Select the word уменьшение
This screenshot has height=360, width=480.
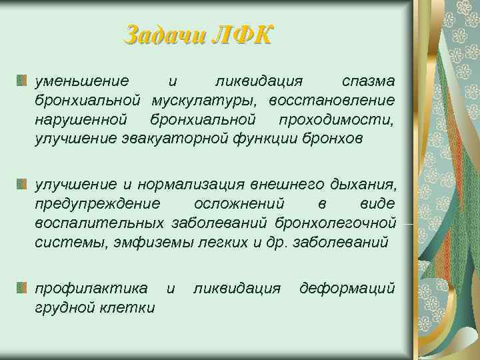click(x=82, y=81)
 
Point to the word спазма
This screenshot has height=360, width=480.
click(x=368, y=81)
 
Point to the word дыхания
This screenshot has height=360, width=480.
click(x=360, y=183)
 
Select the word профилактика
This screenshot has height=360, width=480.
click(x=92, y=288)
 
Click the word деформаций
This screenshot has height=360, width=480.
click(x=347, y=288)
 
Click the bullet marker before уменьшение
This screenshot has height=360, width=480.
click(x=22, y=81)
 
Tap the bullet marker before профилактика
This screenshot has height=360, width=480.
click(x=22, y=288)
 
